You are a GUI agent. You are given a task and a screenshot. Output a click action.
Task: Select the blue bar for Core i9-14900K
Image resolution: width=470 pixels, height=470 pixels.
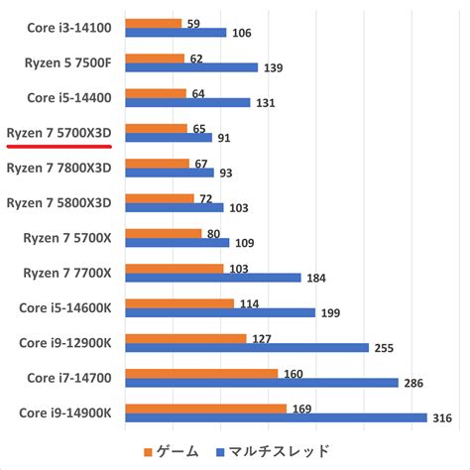[x=275, y=417]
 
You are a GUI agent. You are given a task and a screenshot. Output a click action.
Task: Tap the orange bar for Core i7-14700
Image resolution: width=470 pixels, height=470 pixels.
[x=200, y=373]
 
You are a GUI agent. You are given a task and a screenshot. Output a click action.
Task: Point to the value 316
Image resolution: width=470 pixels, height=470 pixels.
[x=443, y=418]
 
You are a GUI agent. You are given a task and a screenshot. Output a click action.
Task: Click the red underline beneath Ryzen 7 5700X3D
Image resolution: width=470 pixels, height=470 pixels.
[x=59, y=144]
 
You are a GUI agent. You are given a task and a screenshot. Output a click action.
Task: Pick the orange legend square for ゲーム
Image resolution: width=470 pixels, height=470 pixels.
[x=150, y=452]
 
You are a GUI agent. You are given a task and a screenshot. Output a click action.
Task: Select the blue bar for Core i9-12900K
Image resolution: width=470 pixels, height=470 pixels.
[x=246, y=347]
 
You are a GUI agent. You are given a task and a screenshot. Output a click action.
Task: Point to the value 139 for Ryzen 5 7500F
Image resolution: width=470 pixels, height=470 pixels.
[x=274, y=67]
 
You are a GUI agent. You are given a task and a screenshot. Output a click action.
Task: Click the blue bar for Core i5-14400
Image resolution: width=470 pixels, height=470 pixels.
[x=187, y=102]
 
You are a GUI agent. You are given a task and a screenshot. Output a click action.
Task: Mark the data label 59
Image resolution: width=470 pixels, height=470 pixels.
[x=194, y=22]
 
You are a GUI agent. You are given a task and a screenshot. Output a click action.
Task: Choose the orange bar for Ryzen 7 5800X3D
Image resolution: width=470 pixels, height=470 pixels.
[x=159, y=197]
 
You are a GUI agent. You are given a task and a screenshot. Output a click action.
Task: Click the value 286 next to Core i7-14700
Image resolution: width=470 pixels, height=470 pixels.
[x=413, y=383]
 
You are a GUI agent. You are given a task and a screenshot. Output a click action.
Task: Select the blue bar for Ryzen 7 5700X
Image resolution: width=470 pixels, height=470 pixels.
[x=176, y=242]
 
